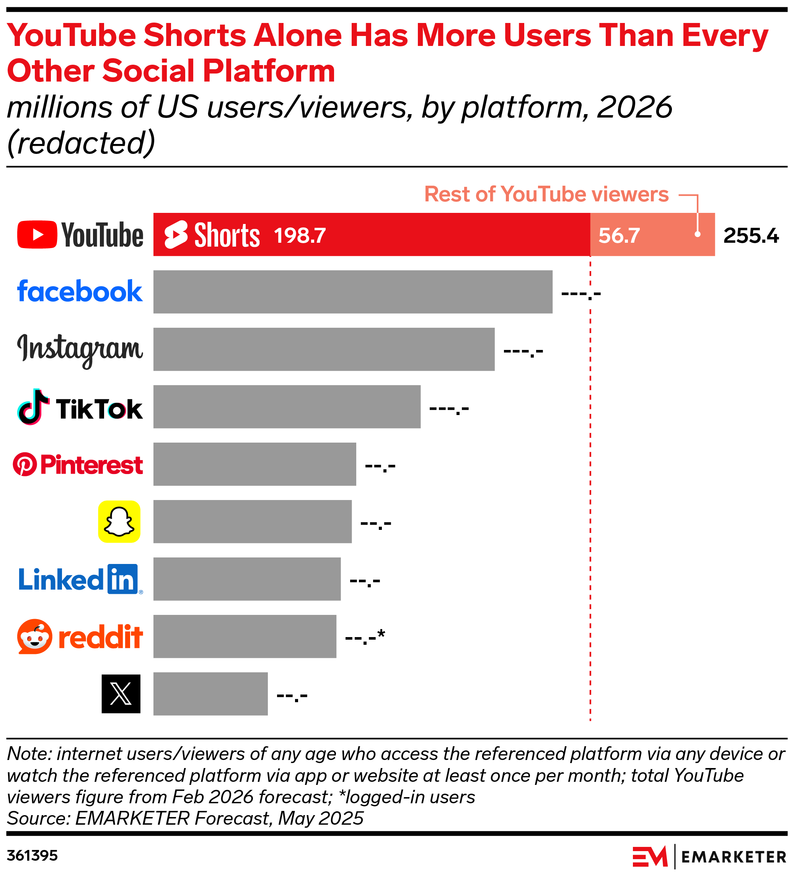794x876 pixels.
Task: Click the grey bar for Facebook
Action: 352,292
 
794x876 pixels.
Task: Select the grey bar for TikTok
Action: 287,406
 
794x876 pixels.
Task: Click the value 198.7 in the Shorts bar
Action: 300,235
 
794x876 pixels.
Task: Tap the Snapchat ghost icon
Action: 119,521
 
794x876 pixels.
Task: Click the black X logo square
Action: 121,693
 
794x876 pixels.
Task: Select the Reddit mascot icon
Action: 35,636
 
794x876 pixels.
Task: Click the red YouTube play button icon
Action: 37,235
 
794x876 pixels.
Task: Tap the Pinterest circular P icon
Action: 25,464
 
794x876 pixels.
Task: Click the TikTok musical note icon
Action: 33,407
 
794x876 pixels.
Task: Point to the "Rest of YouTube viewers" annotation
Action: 546,194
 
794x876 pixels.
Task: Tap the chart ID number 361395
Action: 32,856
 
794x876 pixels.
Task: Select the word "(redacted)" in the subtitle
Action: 81,142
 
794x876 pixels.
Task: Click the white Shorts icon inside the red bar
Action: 176,235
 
